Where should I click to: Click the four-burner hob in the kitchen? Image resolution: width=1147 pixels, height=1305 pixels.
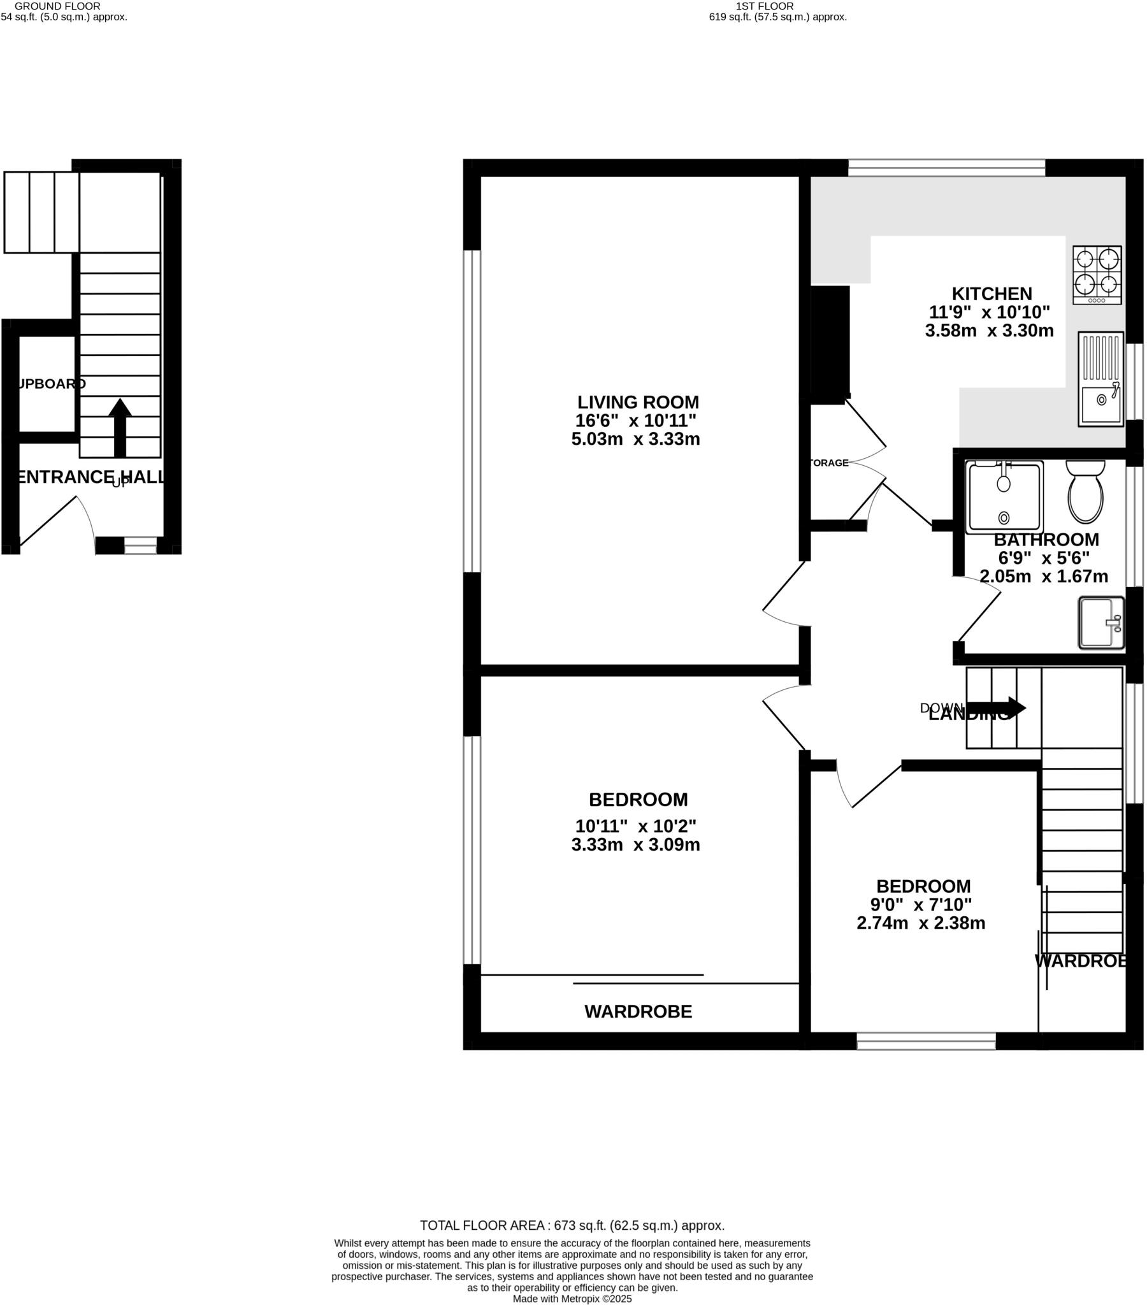(x=1097, y=275)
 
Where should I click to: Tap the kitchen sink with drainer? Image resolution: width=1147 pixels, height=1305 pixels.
(x=1100, y=379)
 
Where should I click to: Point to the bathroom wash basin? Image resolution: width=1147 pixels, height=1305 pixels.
(x=1100, y=623)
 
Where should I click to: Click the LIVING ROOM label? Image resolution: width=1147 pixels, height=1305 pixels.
(x=637, y=402)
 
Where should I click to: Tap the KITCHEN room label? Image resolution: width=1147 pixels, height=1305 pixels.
(x=991, y=294)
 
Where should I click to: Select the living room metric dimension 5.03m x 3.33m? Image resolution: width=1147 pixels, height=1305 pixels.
(x=635, y=439)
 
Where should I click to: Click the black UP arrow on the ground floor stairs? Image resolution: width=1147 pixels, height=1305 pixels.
(x=120, y=427)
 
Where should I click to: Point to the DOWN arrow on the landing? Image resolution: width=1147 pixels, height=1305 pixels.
(x=995, y=708)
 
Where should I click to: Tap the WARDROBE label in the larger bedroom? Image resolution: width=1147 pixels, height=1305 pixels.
(x=637, y=1011)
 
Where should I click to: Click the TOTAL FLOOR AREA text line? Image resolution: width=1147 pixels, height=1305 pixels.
(x=572, y=1225)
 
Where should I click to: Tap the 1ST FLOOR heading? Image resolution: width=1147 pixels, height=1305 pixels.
(x=765, y=6)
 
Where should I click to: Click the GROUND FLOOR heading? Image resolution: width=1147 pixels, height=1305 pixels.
(x=57, y=6)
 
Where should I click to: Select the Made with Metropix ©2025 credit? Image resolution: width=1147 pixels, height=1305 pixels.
(x=572, y=1299)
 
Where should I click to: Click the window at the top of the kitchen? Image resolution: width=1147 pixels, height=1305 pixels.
(x=946, y=168)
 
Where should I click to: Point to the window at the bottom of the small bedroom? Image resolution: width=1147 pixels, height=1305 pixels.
(x=925, y=1041)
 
